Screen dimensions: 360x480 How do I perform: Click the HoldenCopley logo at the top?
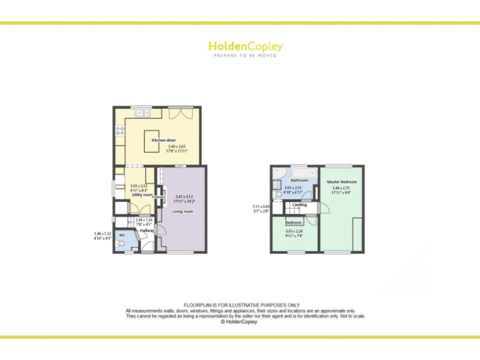(245, 47)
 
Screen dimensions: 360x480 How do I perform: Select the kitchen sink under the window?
(140, 113)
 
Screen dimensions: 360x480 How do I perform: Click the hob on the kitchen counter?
(119, 131)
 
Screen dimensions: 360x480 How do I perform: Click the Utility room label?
(142, 195)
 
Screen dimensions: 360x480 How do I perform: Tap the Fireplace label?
(158, 197)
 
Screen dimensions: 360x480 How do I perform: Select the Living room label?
(182, 212)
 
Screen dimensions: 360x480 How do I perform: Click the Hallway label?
(147, 231)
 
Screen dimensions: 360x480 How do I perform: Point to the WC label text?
(122, 236)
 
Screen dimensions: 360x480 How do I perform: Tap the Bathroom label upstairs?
(291, 181)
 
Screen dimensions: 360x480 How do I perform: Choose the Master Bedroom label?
(342, 181)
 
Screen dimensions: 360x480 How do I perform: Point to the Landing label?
(299, 205)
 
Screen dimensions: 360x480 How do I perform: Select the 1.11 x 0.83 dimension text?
(261, 206)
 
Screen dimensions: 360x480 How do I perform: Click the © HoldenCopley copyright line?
(239, 322)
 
